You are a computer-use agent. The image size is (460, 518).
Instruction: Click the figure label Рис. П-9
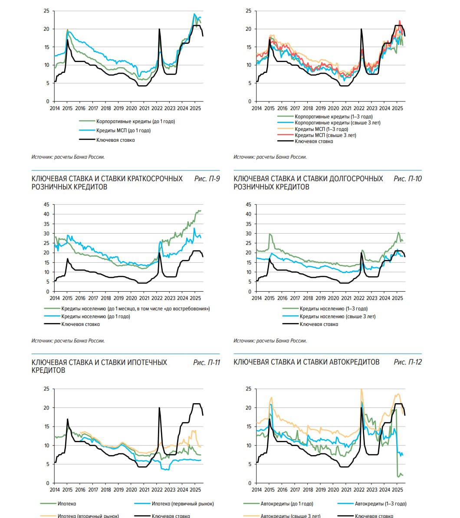click(207, 179)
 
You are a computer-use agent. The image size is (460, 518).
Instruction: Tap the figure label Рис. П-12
click(407, 362)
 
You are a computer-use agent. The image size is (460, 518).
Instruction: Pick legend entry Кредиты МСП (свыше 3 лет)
click(325, 135)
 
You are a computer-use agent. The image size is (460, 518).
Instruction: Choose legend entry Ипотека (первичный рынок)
click(183, 504)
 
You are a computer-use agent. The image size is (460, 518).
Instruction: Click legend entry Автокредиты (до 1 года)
click(286, 504)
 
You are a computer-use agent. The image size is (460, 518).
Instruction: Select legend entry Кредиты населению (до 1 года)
click(95, 316)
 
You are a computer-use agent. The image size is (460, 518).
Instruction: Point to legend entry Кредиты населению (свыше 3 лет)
click(337, 316)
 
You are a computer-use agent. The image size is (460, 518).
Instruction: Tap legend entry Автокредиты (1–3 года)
click(380, 504)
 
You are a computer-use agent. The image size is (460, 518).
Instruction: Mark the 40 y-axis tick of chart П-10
click(249, 214)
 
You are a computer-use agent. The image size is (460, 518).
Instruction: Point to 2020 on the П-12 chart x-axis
click(333, 490)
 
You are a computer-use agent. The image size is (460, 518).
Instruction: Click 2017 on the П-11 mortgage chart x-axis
click(93, 490)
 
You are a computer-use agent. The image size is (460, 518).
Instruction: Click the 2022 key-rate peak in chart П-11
click(159, 408)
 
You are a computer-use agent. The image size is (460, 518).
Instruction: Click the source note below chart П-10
click(270, 341)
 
